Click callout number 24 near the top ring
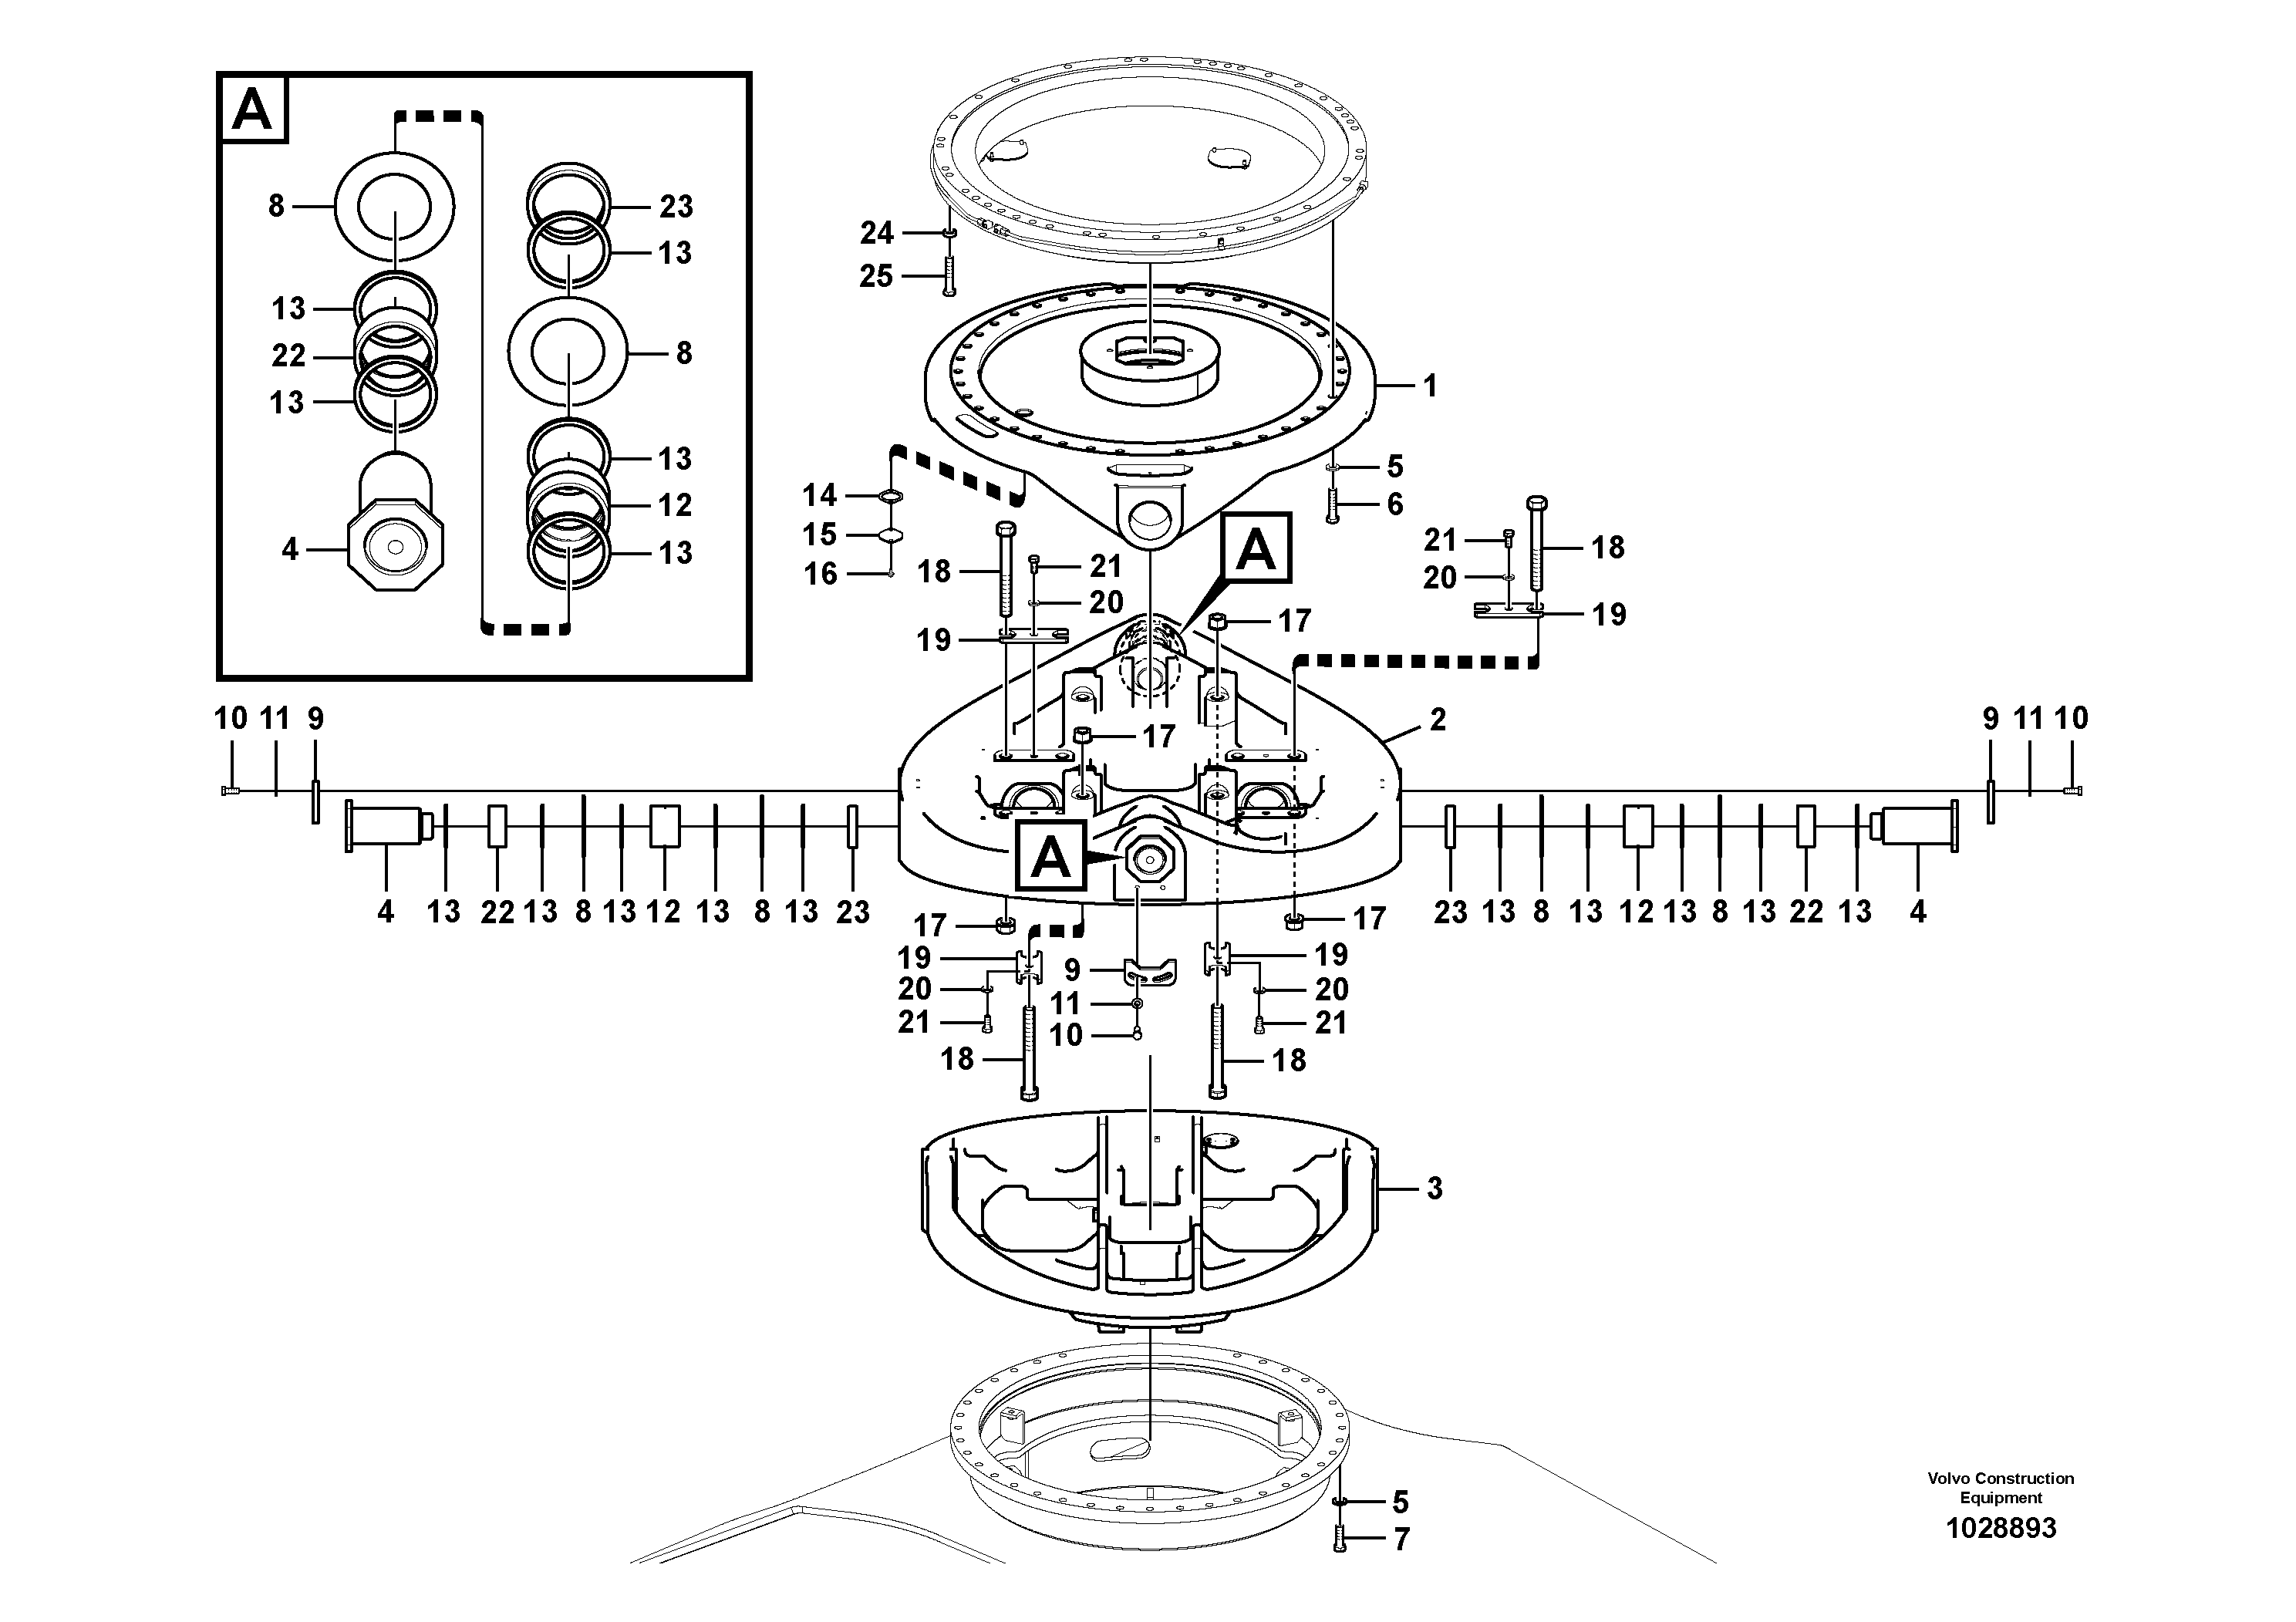click(x=876, y=233)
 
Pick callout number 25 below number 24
click(x=876, y=276)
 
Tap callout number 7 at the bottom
click(x=1401, y=1540)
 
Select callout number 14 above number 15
click(x=819, y=495)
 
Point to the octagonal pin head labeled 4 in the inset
click(x=395, y=548)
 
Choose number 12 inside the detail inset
click(x=675, y=505)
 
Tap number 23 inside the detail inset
click(x=676, y=206)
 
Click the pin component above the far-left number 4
click(x=385, y=827)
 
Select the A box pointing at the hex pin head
click(x=1049, y=857)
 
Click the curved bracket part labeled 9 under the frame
click(x=1150, y=970)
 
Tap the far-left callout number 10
click(x=230, y=718)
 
